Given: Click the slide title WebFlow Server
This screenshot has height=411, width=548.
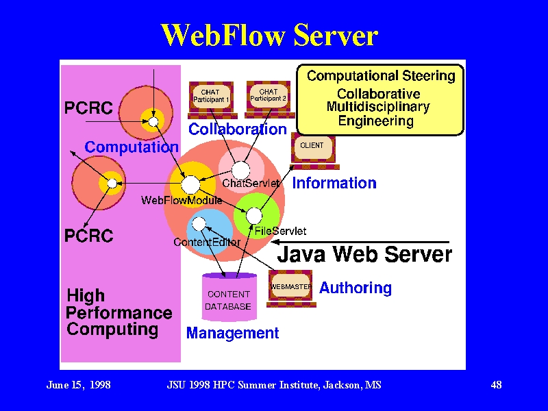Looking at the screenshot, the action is tap(269, 35).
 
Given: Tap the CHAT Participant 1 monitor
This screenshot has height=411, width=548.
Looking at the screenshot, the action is tap(212, 100).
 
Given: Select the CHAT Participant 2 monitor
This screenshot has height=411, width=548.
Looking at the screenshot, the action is tap(269, 99).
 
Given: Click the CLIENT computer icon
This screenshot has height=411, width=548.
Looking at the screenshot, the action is tap(314, 151).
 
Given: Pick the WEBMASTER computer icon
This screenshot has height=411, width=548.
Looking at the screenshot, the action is tap(291, 288).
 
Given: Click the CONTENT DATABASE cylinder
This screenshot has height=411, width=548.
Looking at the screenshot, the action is tap(229, 297).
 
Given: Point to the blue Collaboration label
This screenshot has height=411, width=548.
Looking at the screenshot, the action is tap(238, 129).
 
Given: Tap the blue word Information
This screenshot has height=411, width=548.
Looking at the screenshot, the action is tap(334, 183).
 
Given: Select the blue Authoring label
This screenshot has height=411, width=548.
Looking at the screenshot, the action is tap(356, 288).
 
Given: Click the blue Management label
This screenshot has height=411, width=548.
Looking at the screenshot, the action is tap(232, 333).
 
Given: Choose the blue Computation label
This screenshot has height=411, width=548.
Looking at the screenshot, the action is tap(132, 147).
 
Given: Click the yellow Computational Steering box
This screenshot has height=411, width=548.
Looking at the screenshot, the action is tap(380, 99).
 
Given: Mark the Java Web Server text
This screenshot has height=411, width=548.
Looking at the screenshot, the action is tap(364, 254).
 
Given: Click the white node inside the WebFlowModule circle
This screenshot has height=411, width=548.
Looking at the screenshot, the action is tap(190, 185).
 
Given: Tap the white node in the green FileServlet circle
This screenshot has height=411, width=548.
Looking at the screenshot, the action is tap(254, 216).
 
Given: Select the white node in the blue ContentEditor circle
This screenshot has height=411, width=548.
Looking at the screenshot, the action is tap(199, 224).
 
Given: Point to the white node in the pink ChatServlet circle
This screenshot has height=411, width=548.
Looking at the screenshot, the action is tap(241, 171).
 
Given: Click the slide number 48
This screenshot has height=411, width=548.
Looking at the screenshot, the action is tap(496, 385).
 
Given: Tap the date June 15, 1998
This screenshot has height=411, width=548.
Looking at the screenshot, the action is tap(79, 385).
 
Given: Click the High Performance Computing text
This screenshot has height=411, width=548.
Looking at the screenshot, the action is tap(119, 313).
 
